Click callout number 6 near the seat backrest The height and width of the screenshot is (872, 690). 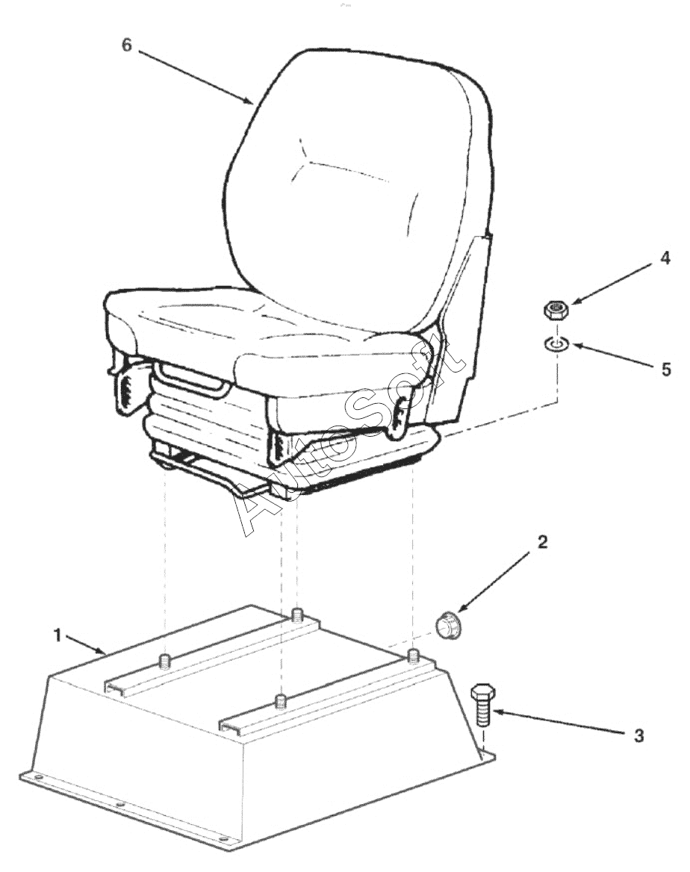tap(127, 45)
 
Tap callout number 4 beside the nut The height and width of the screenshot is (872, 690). tap(665, 258)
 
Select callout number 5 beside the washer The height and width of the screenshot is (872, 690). tap(666, 370)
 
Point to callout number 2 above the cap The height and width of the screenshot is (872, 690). tap(543, 542)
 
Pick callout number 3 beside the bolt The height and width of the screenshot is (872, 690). tap(638, 736)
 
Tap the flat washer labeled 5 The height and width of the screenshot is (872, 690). tap(556, 345)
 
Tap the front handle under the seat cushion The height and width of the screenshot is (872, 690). tap(192, 381)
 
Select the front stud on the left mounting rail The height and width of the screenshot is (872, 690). tap(165, 661)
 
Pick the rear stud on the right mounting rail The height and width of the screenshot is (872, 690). tap(413, 655)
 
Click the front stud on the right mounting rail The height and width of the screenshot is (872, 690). tap(282, 702)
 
